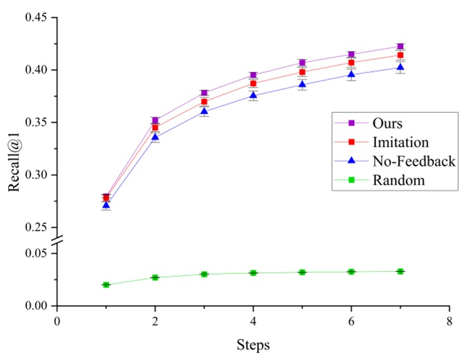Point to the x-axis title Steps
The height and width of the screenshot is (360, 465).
[253, 343]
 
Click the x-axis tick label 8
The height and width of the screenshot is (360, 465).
[449, 320]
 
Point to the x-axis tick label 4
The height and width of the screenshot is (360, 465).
[254, 320]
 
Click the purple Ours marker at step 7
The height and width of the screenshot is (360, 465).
[400, 46]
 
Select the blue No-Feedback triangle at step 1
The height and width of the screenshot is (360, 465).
[106, 205]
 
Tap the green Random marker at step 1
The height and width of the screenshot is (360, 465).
[106, 284]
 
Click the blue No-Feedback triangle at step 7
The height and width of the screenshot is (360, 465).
[400, 67]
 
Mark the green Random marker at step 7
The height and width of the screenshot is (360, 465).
[400, 271]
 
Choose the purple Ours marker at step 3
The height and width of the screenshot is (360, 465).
[204, 93]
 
